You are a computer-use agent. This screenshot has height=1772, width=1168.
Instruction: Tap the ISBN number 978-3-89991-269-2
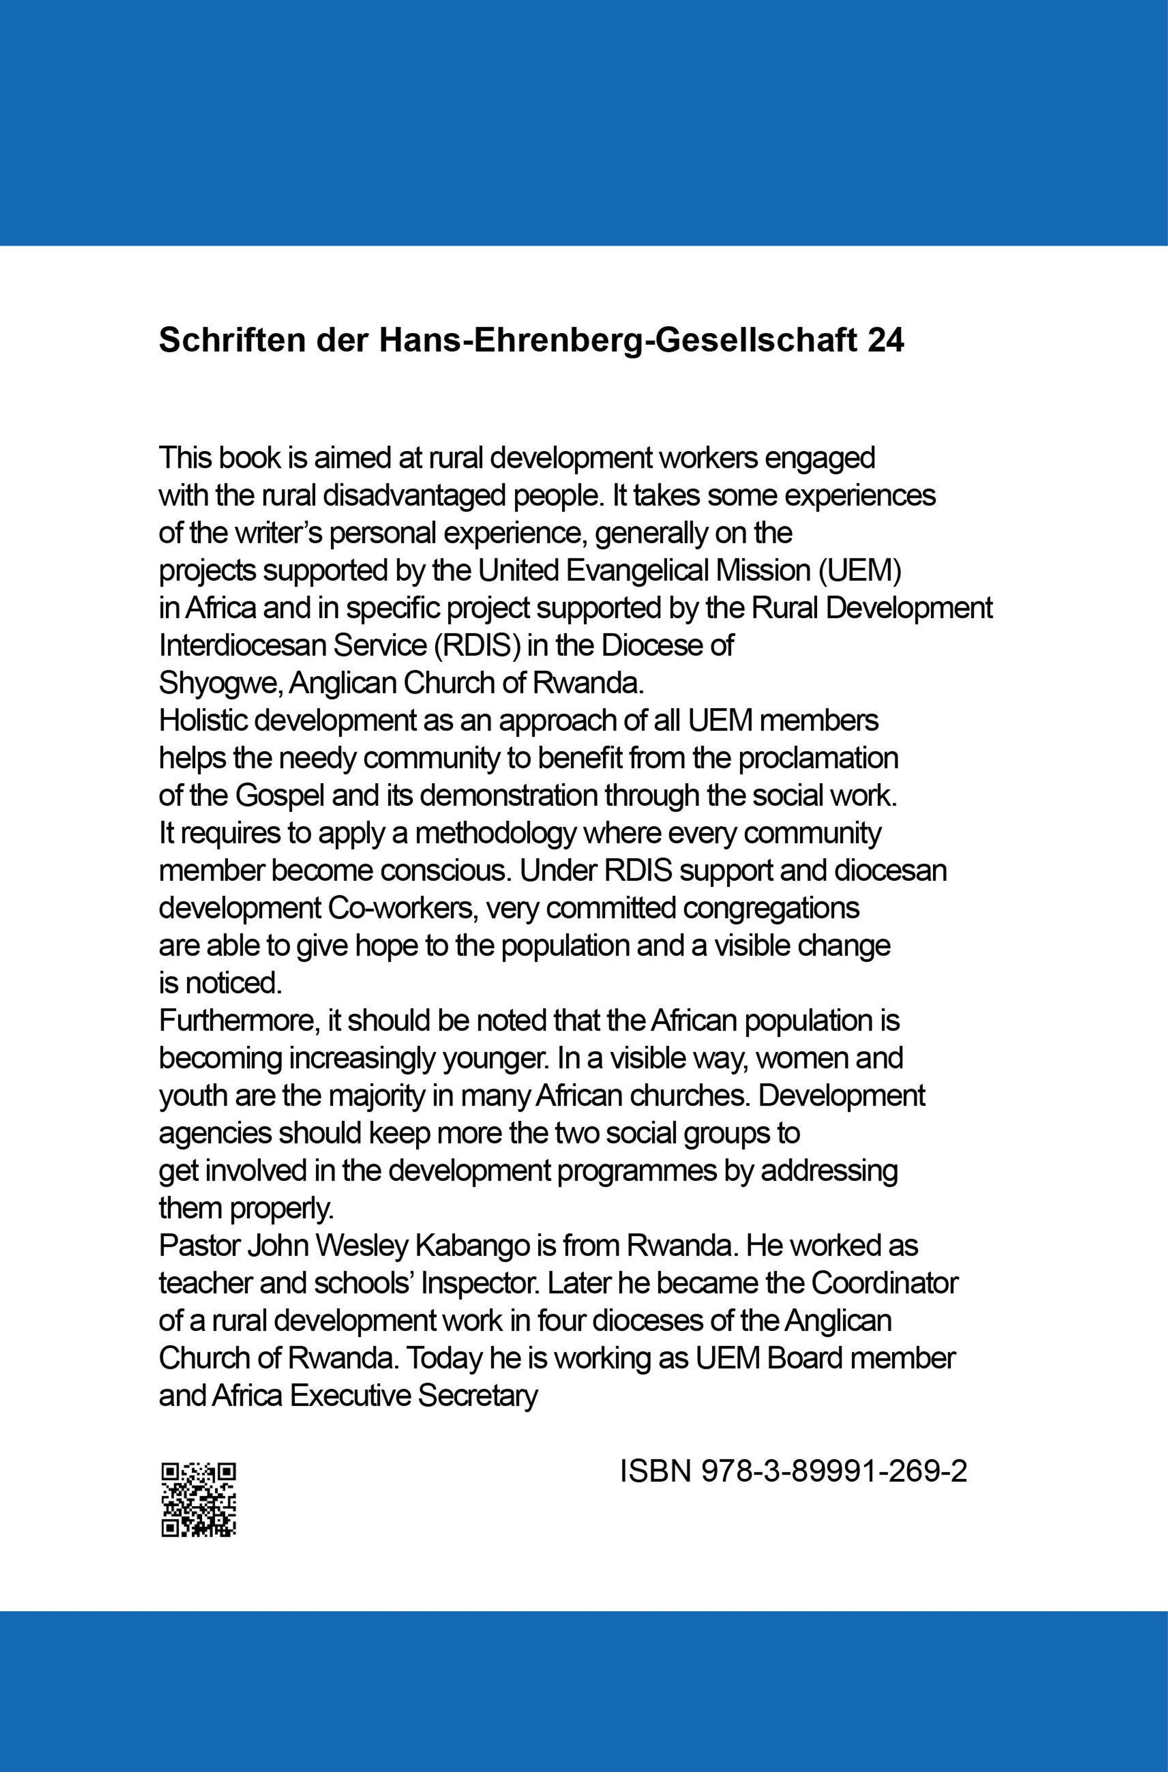pos(834,1472)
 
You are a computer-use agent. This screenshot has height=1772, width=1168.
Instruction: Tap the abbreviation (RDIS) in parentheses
pos(477,646)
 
